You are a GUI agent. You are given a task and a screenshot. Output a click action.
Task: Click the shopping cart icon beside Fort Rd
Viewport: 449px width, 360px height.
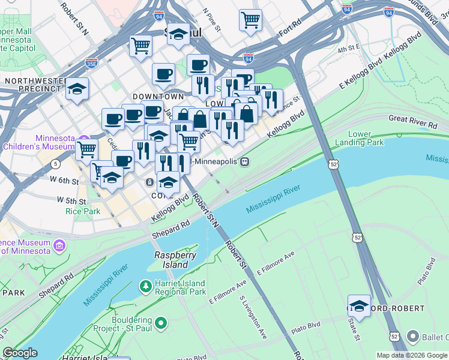click(250, 19)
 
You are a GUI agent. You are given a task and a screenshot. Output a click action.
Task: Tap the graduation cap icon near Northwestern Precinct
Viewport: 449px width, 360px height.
click(77, 88)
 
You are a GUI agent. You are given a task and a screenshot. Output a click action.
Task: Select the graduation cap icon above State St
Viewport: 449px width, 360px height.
click(359, 306)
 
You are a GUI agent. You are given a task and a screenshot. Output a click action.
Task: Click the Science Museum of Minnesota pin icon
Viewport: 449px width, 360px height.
click(59, 245)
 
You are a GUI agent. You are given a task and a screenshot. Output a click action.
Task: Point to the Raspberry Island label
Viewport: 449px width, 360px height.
click(175, 259)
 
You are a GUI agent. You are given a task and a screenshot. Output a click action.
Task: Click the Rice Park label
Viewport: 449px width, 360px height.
click(83, 211)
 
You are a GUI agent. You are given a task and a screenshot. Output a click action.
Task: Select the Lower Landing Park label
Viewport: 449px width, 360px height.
click(366, 139)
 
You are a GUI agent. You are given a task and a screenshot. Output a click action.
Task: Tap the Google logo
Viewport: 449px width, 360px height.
click(20, 353)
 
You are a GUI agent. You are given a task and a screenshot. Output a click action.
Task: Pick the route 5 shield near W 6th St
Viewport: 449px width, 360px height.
click(56, 163)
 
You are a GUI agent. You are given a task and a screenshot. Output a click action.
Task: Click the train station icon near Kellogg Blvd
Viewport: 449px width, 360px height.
click(244, 161)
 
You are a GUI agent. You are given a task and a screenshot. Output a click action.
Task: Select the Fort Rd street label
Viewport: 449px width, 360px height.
click(289, 27)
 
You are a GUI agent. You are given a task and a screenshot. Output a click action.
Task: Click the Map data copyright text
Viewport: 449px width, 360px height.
click(412, 355)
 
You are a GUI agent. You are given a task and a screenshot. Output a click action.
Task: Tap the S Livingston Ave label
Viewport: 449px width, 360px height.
click(252, 316)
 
